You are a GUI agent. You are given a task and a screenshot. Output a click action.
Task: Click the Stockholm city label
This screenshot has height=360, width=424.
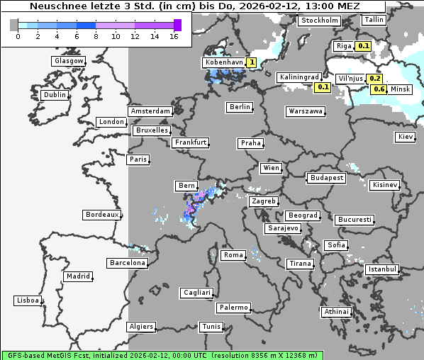pos(319,20)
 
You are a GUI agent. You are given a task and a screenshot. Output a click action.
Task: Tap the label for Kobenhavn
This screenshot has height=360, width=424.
pos(224,62)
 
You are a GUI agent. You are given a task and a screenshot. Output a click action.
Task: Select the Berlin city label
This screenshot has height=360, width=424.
pos(240,107)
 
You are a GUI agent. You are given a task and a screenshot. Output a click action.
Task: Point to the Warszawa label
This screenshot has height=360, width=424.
pos(306,111)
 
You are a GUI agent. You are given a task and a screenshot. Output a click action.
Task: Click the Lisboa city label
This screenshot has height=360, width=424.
pos(28,300)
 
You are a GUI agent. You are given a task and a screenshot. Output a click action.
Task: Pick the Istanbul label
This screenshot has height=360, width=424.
pos(382,270)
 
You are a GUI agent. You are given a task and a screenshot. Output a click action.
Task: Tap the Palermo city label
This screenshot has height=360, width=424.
pos(233,308)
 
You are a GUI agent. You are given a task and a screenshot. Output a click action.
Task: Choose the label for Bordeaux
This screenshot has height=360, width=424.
pos(101,214)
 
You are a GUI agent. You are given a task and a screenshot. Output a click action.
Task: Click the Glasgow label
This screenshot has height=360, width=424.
pos(69,61)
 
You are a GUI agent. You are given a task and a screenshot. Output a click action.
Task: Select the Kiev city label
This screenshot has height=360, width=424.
pos(406,137)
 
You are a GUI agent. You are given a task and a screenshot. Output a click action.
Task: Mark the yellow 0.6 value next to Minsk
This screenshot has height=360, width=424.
pos(379,89)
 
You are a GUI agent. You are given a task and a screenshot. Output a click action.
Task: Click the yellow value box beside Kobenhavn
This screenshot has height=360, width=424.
pos(252,62)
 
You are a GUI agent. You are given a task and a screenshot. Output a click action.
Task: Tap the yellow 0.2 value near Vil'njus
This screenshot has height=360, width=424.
pos(376,79)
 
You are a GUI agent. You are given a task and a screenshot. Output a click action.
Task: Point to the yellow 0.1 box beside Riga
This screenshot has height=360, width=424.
pos(364,46)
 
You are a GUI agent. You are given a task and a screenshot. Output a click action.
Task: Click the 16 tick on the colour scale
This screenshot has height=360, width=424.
pos(174,36)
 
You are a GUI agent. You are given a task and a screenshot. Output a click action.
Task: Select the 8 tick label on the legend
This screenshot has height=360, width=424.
pos(96,36)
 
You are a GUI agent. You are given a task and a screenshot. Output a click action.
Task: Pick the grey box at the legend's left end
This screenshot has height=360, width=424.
pos(14,25)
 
